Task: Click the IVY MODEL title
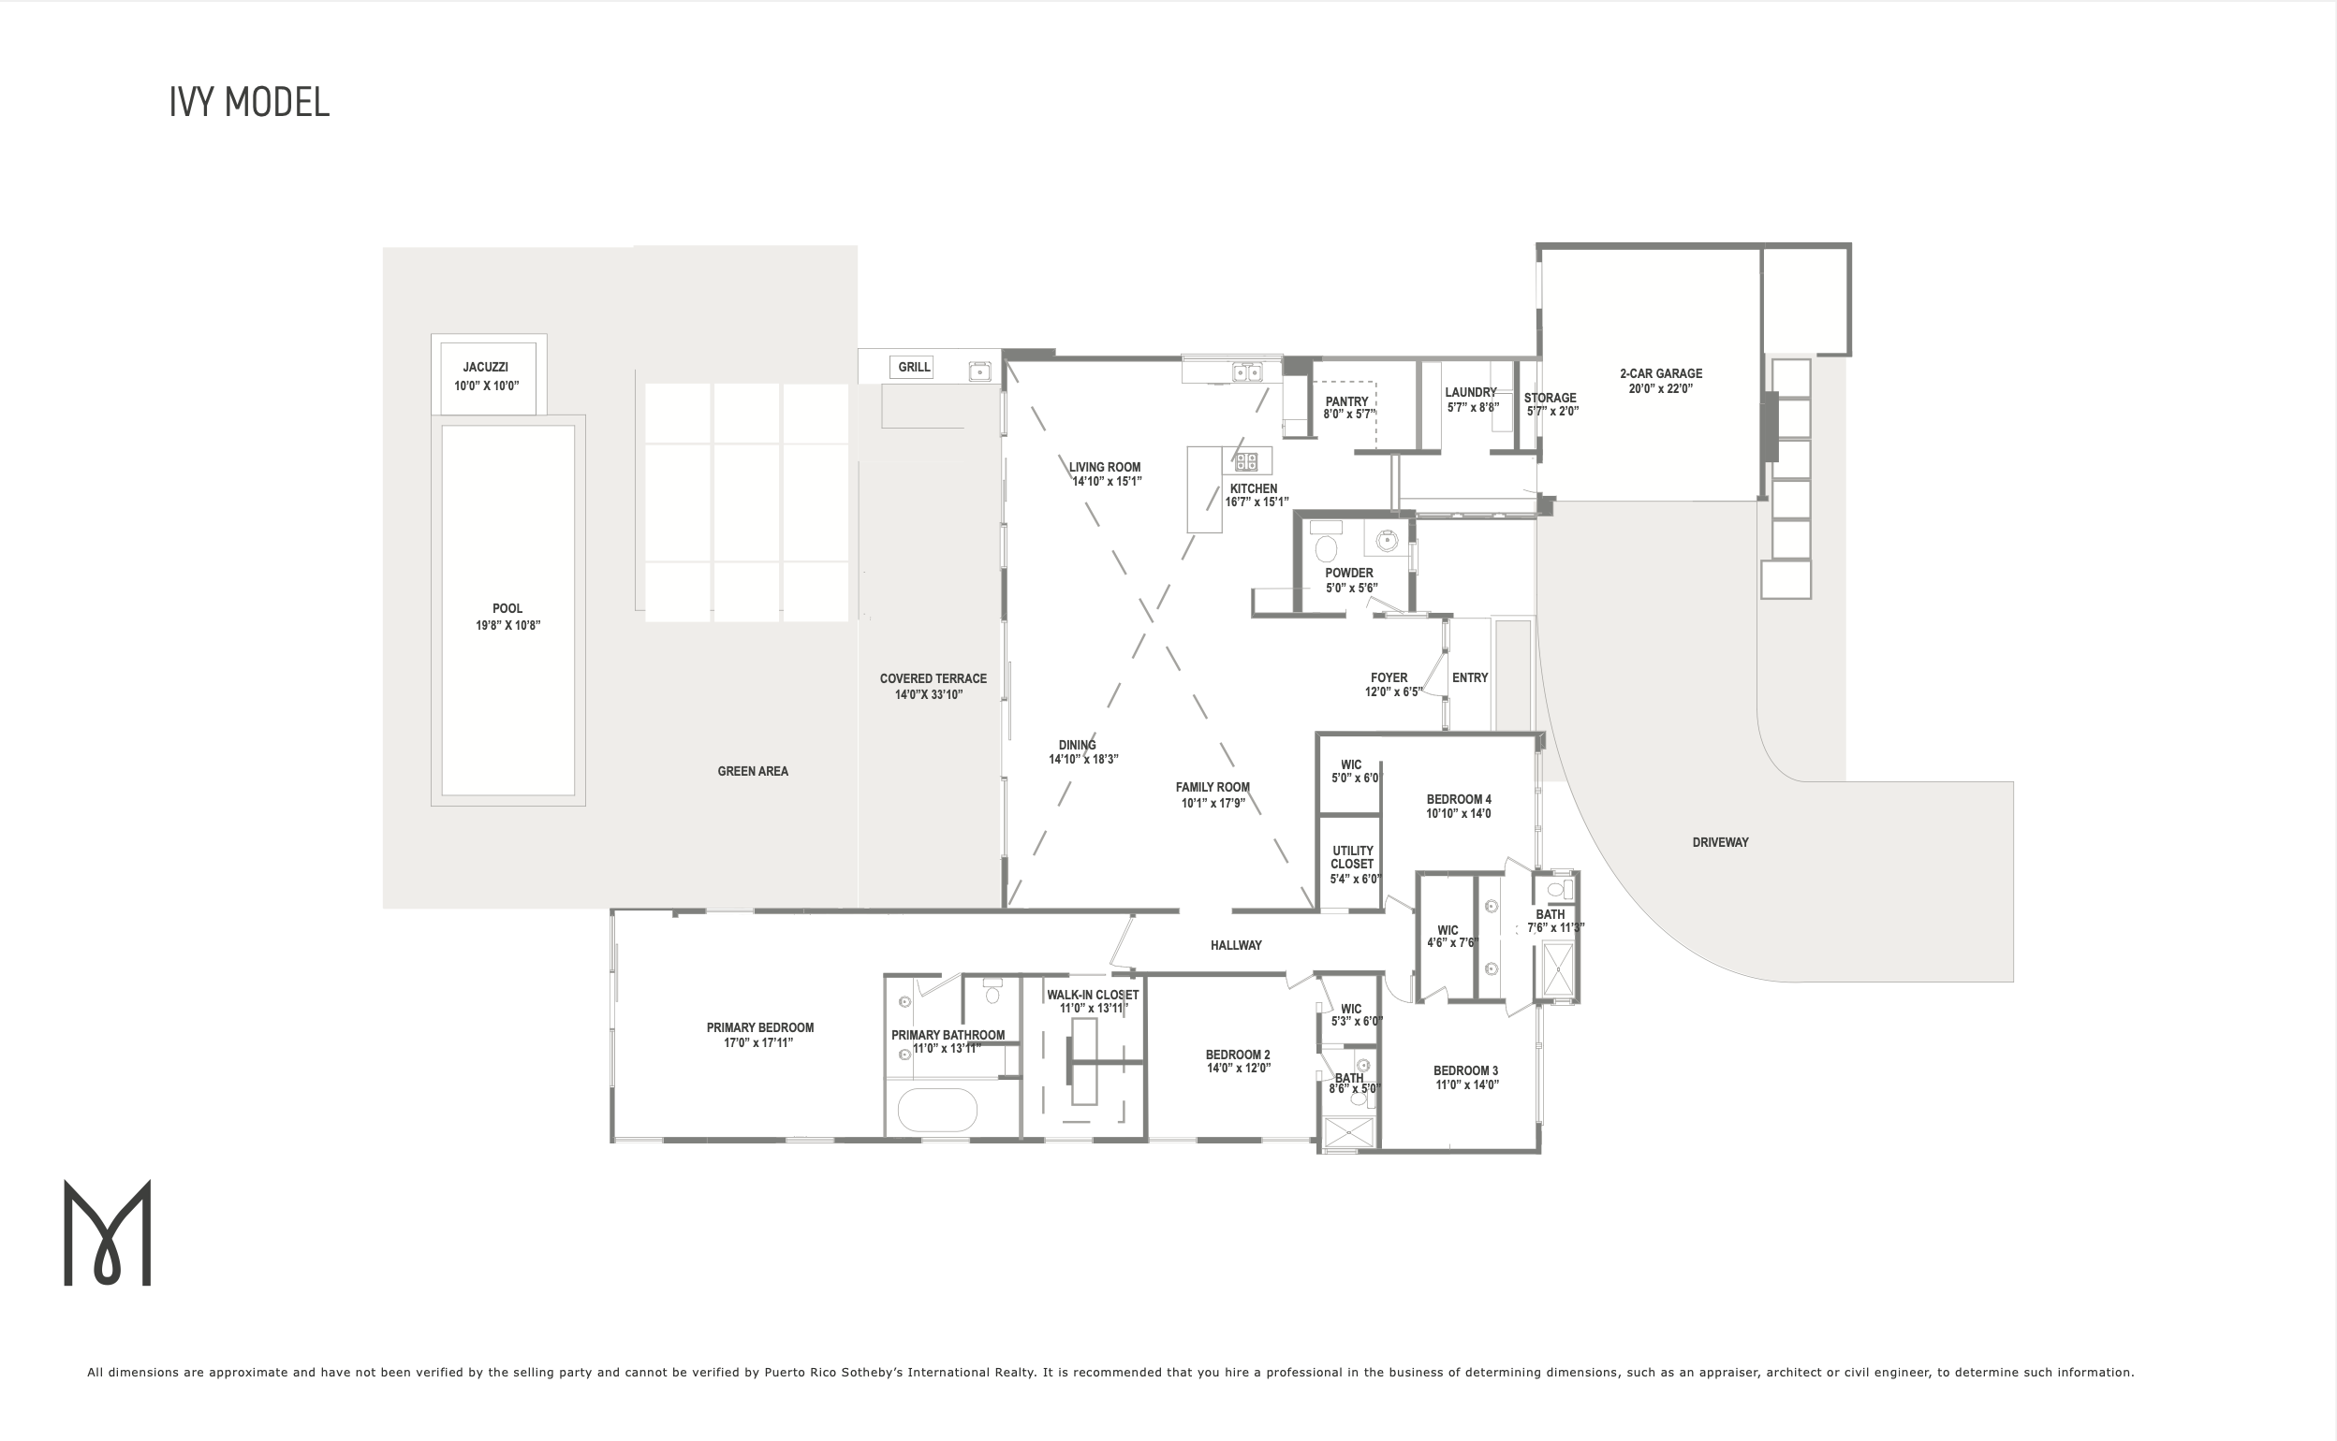pyautogui.click(x=250, y=102)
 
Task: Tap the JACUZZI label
pyautogui.click(x=485, y=367)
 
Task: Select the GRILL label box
pyautogui.click(x=915, y=367)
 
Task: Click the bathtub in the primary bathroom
pyautogui.click(x=937, y=1111)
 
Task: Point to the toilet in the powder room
pyautogui.click(x=1326, y=548)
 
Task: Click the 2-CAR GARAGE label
pyautogui.click(x=1661, y=373)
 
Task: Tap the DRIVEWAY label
pyautogui.click(x=1720, y=842)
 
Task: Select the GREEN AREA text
pyautogui.click(x=752, y=771)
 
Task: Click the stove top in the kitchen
pyautogui.click(x=1246, y=462)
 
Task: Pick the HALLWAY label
pyautogui.click(x=1236, y=945)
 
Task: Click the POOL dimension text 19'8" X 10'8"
pyautogui.click(x=508, y=625)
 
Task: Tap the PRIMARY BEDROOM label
pyautogui.click(x=760, y=1027)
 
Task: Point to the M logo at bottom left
pyautogui.click(x=107, y=1232)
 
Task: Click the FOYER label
pyautogui.click(x=1389, y=677)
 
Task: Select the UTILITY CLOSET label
pyautogui.click(x=1353, y=857)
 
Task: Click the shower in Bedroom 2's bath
pyautogui.click(x=1349, y=1132)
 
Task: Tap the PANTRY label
pyautogui.click(x=1346, y=401)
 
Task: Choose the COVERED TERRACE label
pyautogui.click(x=933, y=678)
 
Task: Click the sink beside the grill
pyautogui.click(x=979, y=371)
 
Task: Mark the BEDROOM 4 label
pyautogui.click(x=1459, y=800)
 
